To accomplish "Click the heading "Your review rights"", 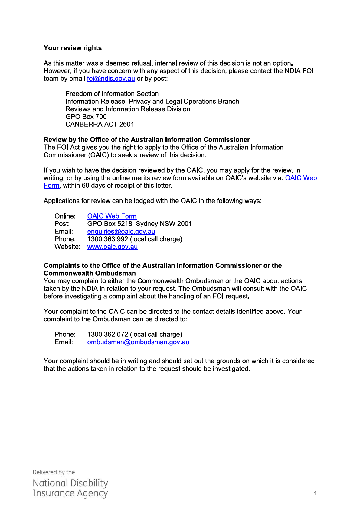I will (73, 48).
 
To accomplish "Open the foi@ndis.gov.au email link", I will (111, 79).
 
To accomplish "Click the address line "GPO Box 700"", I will (86, 117).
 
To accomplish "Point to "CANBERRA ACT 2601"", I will (100, 124).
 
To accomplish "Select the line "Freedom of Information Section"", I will (112, 94).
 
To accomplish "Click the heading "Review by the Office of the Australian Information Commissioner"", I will (147, 140).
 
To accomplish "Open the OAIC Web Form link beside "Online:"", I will (112, 216).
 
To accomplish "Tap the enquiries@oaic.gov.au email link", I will (121, 232).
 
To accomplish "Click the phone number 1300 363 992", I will (107, 239).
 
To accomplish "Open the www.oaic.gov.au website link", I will (112, 247).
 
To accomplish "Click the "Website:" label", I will (67, 247).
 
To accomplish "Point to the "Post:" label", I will (62, 224).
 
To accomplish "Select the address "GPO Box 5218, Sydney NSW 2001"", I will (139, 224).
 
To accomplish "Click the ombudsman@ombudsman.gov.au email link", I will (138, 342).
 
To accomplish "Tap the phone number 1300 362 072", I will (107, 334).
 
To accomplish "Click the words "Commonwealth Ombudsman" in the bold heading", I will (90, 273).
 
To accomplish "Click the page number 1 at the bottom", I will (315, 493).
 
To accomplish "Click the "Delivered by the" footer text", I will (54, 472).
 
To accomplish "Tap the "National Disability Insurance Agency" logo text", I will (70, 488).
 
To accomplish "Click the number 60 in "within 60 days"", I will (85, 186).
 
